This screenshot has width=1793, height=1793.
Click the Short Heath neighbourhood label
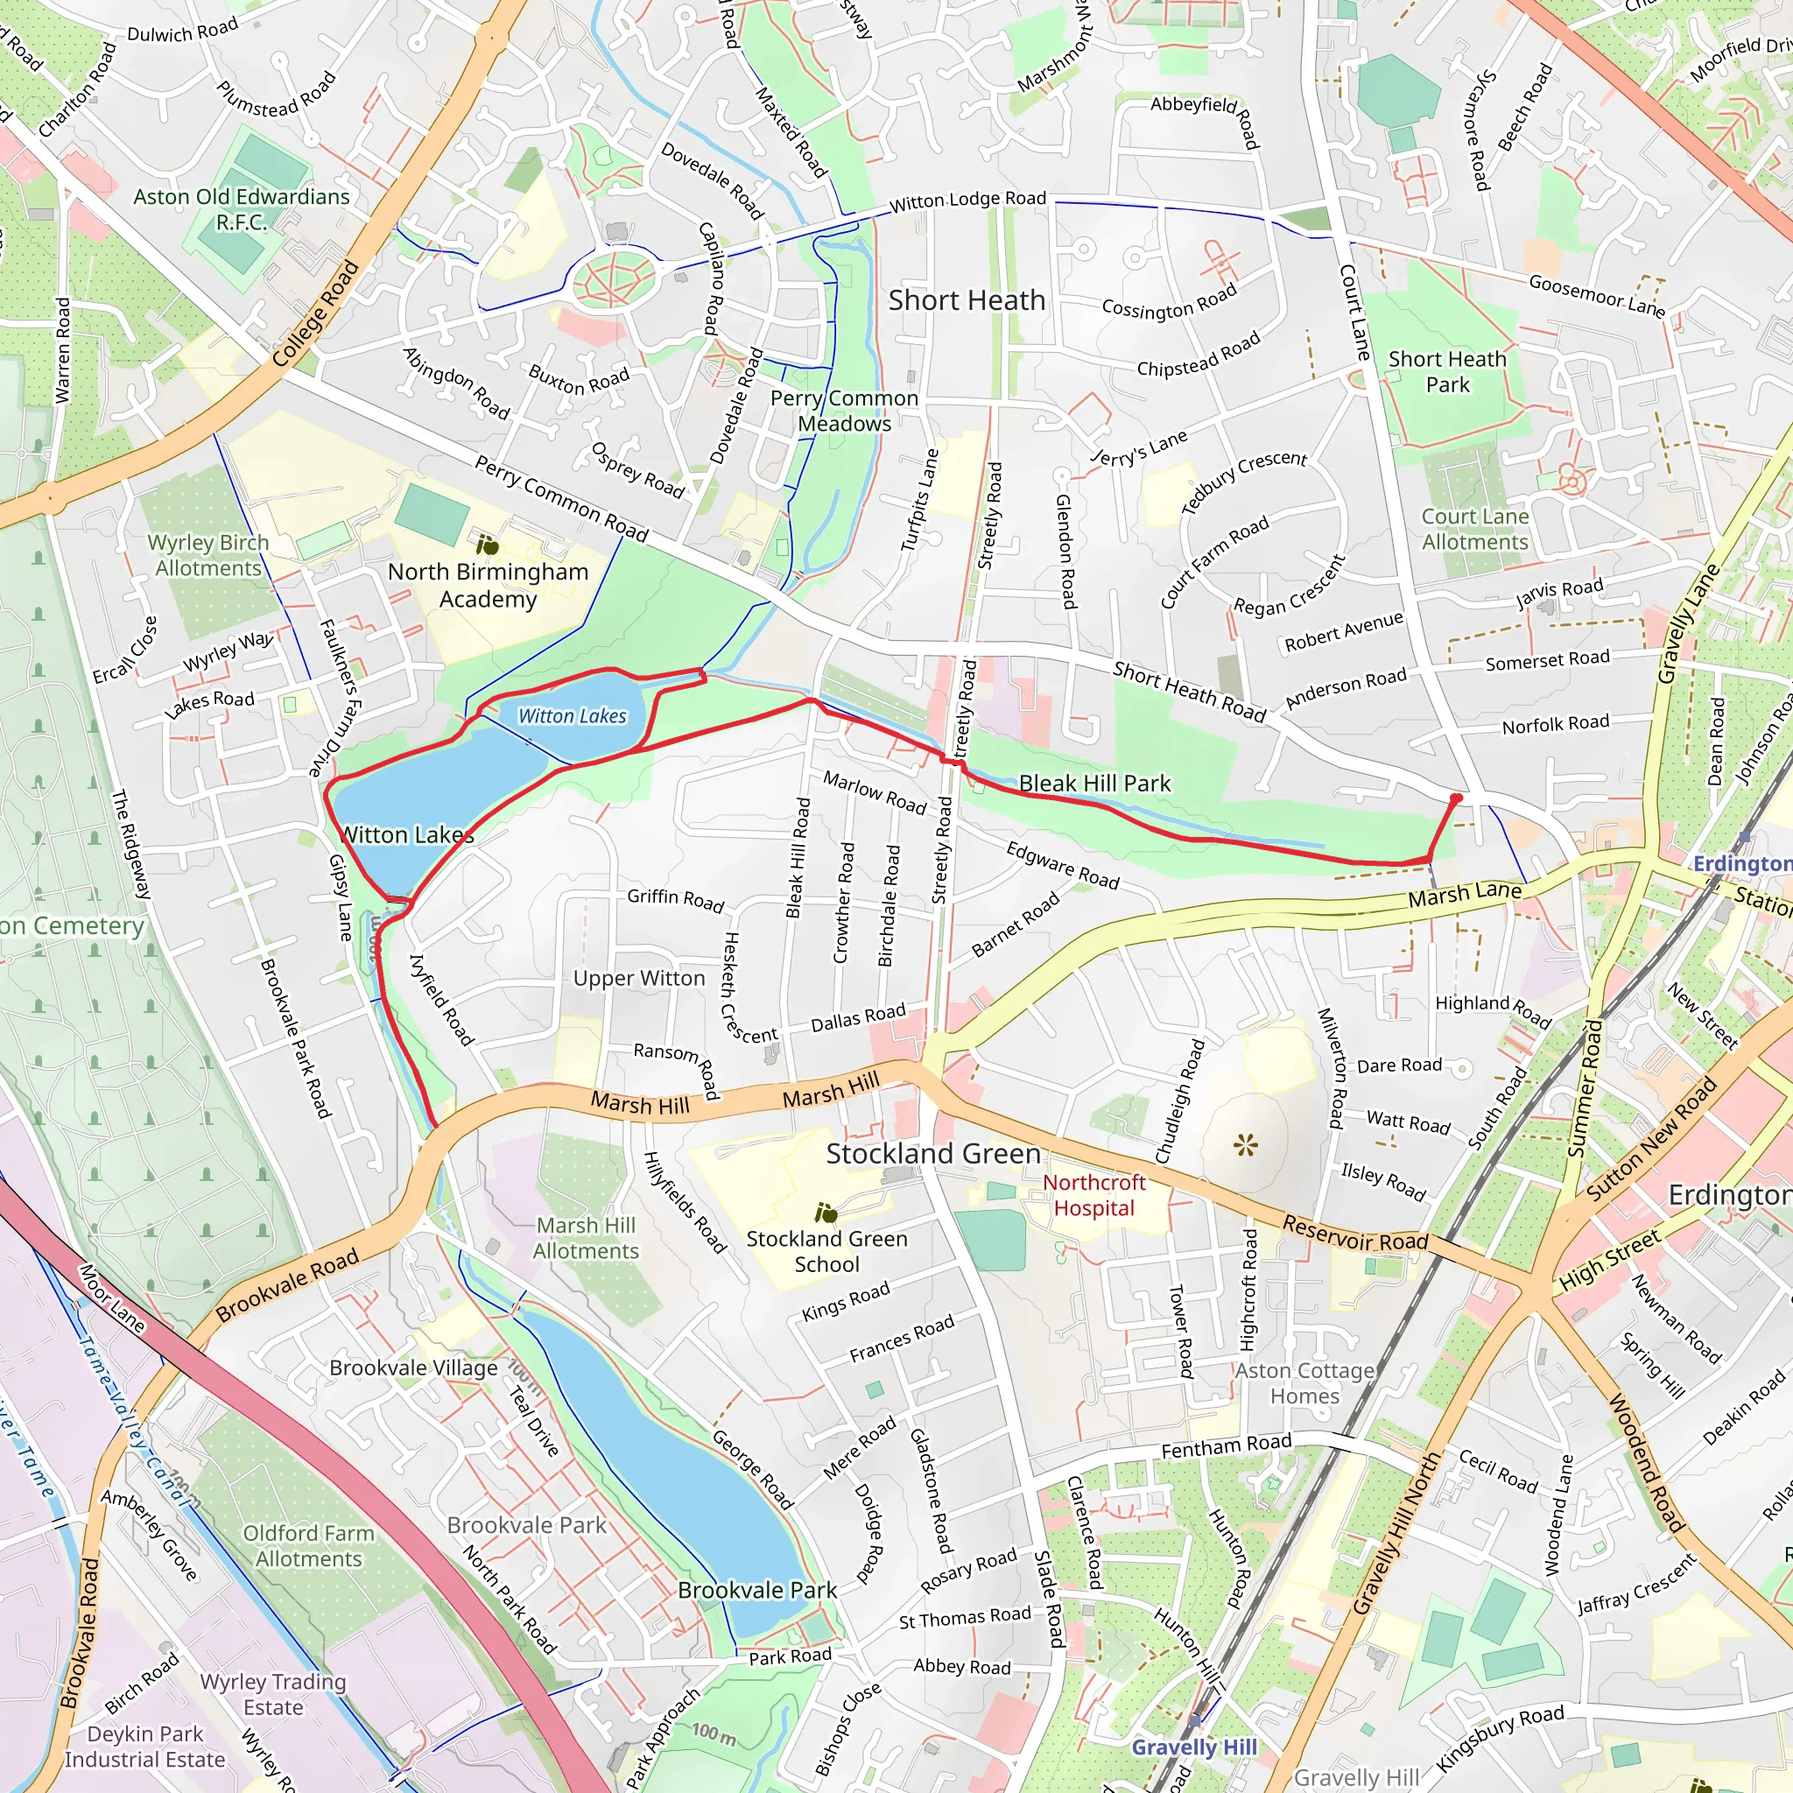(x=967, y=300)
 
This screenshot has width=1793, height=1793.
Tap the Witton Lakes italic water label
(x=572, y=715)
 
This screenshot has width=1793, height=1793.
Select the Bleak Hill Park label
(x=1094, y=784)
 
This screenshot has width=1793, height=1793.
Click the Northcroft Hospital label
(x=1093, y=1194)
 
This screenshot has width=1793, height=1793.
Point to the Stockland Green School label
(x=826, y=1251)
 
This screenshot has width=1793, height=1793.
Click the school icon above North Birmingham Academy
(x=488, y=545)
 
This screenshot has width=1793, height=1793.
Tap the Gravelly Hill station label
(x=1193, y=1747)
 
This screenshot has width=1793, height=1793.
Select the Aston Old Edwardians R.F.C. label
(x=242, y=209)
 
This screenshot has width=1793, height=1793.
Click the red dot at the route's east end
(x=1456, y=798)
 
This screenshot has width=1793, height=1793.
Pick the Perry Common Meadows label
(x=844, y=411)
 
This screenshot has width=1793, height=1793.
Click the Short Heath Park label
(x=1447, y=371)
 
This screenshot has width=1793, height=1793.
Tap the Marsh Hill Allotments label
(x=586, y=1237)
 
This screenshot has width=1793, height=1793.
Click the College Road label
(x=315, y=313)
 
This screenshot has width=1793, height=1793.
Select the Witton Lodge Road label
(x=967, y=200)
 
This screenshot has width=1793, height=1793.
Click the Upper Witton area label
(x=638, y=978)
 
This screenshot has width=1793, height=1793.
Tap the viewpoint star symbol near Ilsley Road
(x=1245, y=1145)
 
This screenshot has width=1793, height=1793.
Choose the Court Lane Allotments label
(x=1474, y=529)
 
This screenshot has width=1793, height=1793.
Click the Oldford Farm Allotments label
(x=308, y=1545)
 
